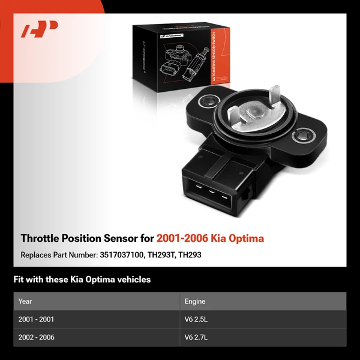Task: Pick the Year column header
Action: click(25, 301)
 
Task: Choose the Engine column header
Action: click(195, 301)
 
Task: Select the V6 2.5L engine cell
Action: click(197, 319)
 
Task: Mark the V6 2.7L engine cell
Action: click(197, 337)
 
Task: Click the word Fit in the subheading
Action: click(19, 280)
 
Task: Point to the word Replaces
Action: click(37, 254)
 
